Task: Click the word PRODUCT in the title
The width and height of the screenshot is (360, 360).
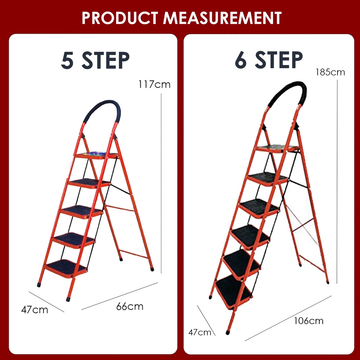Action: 120,18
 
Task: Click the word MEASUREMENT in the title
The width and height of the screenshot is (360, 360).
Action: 222,18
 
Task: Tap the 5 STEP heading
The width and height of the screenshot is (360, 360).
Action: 95,60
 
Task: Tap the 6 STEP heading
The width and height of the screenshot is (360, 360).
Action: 269,60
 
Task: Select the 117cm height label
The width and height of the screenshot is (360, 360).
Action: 154,84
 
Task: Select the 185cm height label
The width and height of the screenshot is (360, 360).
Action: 330,72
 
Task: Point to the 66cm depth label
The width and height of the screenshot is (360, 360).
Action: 130,307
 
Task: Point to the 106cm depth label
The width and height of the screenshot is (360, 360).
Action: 309,321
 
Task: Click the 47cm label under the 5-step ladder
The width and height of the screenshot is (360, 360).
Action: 35,310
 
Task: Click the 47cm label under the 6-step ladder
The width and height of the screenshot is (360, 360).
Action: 200,332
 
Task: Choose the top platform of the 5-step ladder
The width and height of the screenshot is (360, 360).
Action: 96,155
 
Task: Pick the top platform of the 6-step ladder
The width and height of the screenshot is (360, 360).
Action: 277,148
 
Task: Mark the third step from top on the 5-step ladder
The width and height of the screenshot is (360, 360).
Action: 82,211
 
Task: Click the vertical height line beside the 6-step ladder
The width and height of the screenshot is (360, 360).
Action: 337,181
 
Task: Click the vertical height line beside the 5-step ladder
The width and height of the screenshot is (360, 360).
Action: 161,184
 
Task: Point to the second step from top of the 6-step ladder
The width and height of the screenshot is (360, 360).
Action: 268,178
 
